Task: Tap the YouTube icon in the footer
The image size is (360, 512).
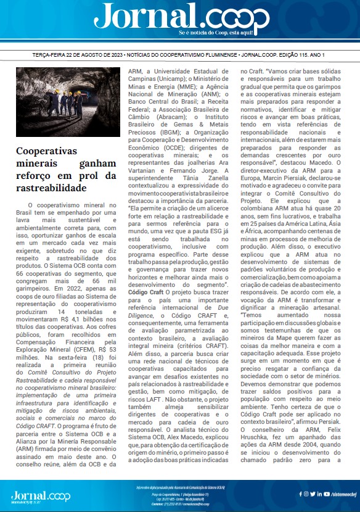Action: coord(310,493)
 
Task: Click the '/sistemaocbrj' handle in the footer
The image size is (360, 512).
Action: coord(342,493)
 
